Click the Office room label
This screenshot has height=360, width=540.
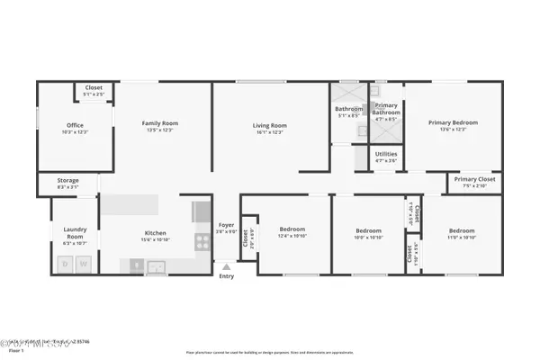tap(75, 125)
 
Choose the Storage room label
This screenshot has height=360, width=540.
tap(67, 180)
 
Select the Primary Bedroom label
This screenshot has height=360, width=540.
tap(453, 122)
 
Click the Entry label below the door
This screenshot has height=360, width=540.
tap(226, 276)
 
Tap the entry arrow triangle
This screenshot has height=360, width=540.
tap(226, 266)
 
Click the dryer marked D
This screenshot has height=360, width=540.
tap(66, 264)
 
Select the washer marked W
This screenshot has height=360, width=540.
tap(84, 264)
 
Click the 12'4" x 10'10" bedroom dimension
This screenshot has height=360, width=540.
tap(294, 237)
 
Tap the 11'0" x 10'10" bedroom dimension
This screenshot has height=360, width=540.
tap(461, 237)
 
